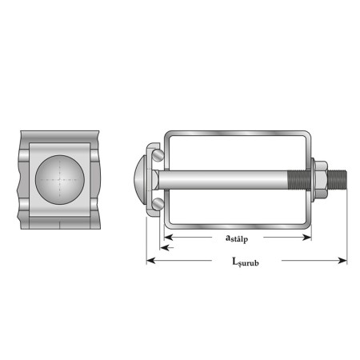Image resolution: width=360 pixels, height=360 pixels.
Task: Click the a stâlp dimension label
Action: [237, 238]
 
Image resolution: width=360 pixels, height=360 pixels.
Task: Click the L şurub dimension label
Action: [246, 262]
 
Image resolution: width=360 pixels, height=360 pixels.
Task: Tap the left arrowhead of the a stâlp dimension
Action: [168, 237]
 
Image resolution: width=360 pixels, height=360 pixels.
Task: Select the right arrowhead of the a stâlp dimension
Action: [307, 237]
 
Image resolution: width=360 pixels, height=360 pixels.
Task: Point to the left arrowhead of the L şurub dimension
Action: [151, 260]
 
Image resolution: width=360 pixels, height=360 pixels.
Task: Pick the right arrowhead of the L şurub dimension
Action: [342, 260]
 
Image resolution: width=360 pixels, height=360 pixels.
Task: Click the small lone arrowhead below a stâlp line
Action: [165, 248]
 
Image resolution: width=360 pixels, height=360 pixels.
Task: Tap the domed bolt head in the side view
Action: [140, 180]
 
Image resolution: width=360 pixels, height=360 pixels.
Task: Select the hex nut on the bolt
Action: [321, 180]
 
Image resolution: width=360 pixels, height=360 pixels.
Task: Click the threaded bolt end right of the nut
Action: [337, 180]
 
